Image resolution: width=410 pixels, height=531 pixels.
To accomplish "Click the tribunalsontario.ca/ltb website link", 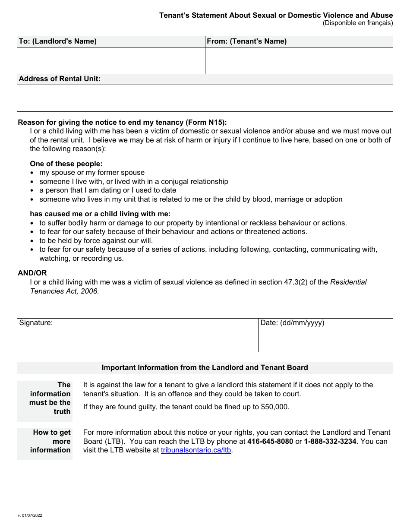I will [196, 450].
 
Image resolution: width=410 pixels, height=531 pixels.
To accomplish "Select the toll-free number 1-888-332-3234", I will [330, 441].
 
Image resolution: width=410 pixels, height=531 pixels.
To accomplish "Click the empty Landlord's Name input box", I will [111, 61].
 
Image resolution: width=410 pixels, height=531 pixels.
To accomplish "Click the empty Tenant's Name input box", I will [299, 61].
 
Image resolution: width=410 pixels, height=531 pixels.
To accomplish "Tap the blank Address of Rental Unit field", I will [205, 98].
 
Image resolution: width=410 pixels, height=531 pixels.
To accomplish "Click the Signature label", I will [36, 323].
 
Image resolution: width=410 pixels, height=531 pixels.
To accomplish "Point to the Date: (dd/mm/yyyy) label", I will [292, 323].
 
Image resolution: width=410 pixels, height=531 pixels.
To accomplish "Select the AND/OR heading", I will [32, 273].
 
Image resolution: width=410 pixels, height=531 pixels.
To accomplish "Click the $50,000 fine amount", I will [274, 407].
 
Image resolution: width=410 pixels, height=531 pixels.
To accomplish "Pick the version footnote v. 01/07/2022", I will [30, 515].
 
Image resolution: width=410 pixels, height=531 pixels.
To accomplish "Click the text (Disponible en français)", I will [357, 23].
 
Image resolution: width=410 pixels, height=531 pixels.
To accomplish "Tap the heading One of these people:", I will [66, 164].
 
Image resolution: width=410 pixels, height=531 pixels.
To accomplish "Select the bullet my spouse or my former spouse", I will [92, 173].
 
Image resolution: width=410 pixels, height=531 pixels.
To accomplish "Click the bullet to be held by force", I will [96, 240].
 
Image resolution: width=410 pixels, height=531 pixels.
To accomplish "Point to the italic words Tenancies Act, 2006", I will [64, 291].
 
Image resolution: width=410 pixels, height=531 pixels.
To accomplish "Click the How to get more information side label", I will [51, 441].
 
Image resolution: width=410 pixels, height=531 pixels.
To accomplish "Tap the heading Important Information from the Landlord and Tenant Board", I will [205, 368].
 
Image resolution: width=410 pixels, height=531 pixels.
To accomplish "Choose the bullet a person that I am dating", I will [107, 190].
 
